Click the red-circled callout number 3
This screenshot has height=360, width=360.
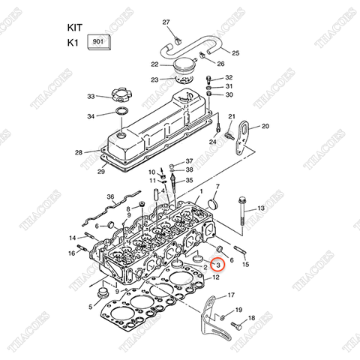click(217, 265)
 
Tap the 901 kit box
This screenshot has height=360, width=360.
click(99, 43)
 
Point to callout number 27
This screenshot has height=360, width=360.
click(166, 22)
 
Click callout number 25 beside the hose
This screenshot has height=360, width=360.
click(235, 53)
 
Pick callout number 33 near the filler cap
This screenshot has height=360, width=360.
click(91, 97)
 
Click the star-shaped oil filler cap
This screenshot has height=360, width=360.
click(119, 97)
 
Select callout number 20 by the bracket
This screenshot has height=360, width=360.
click(265, 126)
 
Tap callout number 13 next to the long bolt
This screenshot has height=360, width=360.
click(260, 208)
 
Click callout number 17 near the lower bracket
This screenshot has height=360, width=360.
click(231, 295)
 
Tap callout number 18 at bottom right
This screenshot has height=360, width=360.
click(251, 319)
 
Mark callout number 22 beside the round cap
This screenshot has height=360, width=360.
click(154, 64)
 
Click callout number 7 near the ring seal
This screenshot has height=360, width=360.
click(218, 185)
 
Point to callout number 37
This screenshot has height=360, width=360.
click(189, 161)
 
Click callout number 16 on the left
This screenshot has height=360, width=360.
click(72, 253)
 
